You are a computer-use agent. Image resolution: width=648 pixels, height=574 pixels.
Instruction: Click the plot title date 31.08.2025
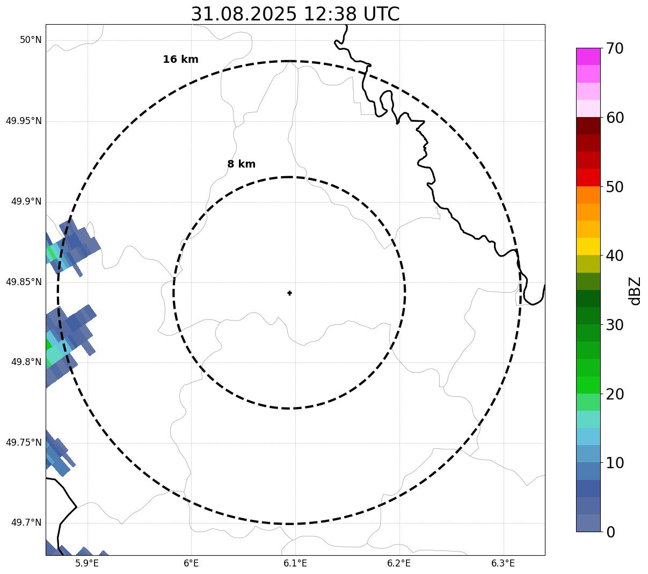click(243, 14)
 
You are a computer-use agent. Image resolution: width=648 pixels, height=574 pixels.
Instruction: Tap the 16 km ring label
click(180, 60)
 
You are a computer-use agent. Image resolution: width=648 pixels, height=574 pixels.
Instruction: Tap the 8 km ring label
click(241, 164)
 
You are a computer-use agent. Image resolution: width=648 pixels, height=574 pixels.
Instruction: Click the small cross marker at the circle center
click(289, 293)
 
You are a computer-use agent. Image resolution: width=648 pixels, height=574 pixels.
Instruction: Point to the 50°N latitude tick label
click(31, 40)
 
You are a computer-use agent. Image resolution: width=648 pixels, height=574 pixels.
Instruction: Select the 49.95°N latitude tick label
click(24, 121)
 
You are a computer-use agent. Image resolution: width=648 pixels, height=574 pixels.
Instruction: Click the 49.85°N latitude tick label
click(24, 282)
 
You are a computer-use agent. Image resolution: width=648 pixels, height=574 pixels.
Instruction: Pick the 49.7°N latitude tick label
click(26, 523)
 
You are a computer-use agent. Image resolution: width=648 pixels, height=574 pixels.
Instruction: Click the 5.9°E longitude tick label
click(87, 563)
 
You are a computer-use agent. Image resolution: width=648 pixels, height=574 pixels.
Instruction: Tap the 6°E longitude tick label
click(191, 563)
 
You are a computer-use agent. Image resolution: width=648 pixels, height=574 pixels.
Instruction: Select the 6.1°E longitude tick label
click(295, 563)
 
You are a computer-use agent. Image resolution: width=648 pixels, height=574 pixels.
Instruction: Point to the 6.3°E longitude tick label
click(503, 563)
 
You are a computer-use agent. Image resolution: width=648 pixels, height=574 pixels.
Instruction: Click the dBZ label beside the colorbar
click(636, 290)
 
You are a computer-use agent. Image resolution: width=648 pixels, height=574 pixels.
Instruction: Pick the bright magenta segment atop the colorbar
click(588, 56)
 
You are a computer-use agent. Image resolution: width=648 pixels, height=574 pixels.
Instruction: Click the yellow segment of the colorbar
click(588, 246)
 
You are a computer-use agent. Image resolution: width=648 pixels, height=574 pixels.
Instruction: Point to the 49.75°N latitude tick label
click(24, 442)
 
